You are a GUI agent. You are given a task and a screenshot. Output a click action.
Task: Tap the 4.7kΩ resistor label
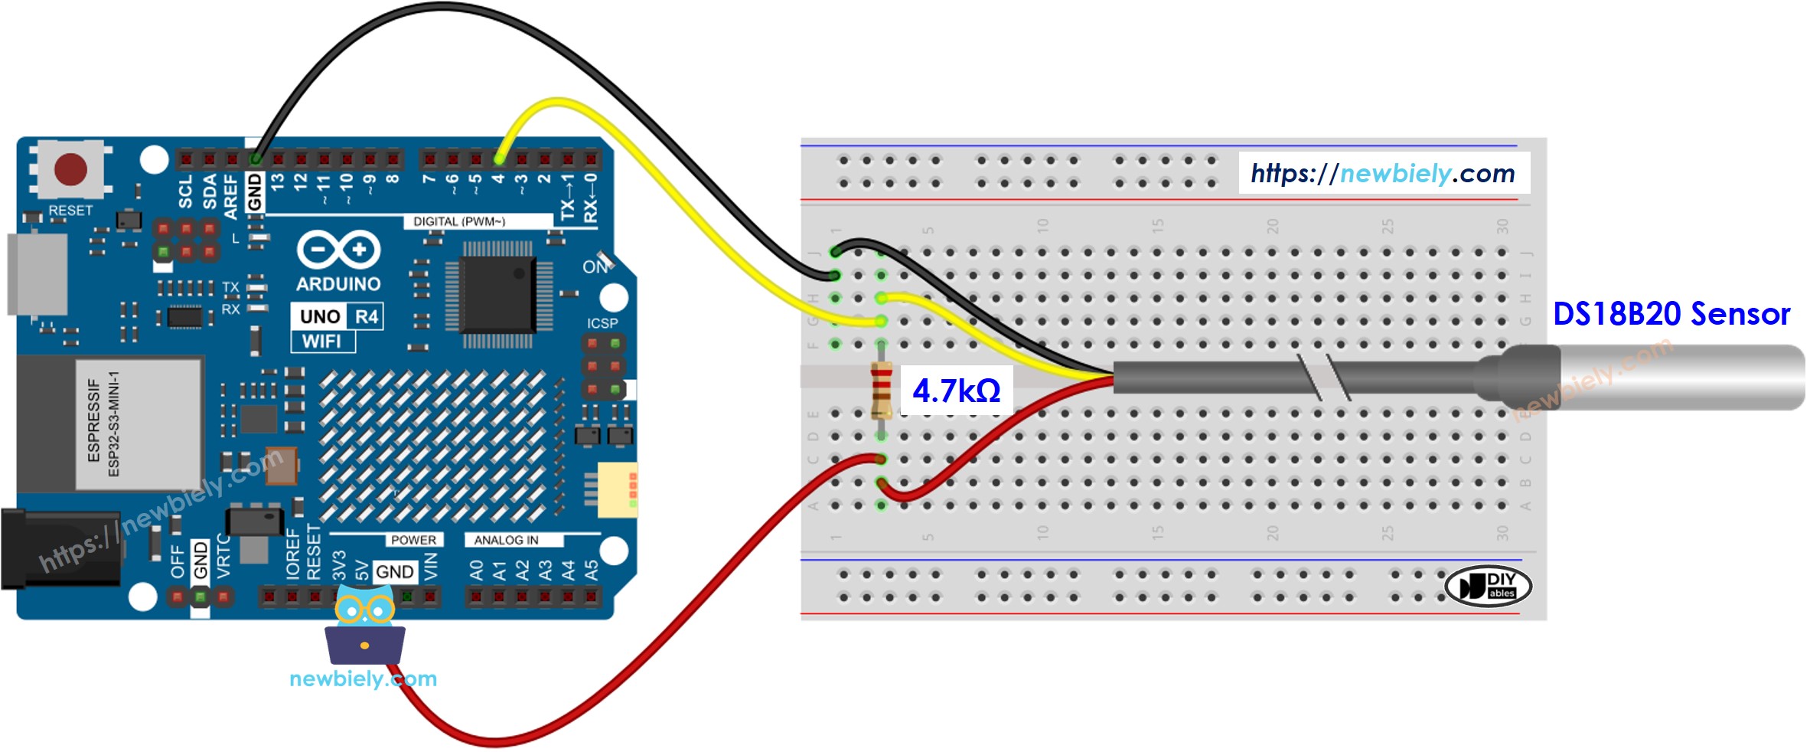956,391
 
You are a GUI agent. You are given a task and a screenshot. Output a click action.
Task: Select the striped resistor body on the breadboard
881,391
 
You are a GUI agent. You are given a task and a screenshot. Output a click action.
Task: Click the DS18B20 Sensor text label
1671,314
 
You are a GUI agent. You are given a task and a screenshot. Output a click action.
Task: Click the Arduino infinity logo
338,250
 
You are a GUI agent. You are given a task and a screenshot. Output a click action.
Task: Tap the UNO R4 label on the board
338,316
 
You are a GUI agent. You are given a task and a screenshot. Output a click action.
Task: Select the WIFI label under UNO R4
322,342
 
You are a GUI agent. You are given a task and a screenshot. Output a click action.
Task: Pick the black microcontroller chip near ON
497,295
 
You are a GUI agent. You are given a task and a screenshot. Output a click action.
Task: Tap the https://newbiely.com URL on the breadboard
1382,174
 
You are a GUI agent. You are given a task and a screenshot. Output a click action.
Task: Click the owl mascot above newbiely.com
365,624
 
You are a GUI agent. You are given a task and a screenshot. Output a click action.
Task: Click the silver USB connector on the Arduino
37,273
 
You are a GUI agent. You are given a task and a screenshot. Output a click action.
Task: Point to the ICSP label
602,323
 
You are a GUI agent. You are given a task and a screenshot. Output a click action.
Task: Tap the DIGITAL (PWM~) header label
459,221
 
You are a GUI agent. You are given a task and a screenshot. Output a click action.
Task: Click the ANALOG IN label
506,540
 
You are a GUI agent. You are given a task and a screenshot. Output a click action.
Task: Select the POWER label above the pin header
413,540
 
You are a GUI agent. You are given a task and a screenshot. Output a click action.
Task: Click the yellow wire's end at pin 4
498,159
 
